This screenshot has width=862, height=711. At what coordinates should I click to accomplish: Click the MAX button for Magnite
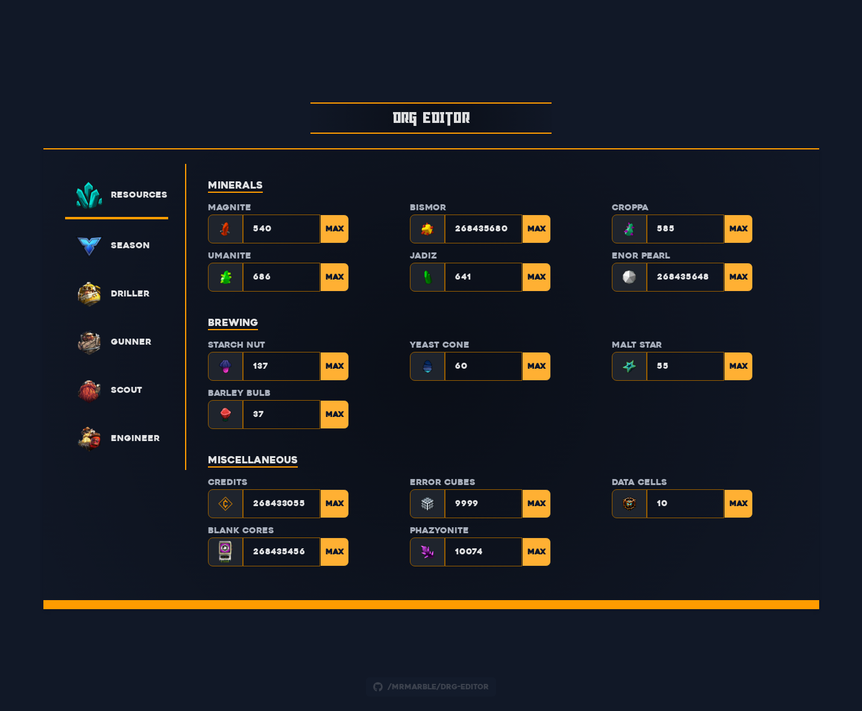click(x=335, y=229)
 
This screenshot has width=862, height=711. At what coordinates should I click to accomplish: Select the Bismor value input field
click(x=482, y=229)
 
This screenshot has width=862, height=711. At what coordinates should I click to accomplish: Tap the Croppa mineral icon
click(x=629, y=229)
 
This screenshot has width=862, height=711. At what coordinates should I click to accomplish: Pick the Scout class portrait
click(x=89, y=390)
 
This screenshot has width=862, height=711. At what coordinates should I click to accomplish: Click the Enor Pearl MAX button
click(x=738, y=277)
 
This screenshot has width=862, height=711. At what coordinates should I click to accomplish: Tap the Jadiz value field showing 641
click(x=482, y=277)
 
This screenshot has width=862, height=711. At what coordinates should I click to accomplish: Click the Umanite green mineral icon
click(x=225, y=277)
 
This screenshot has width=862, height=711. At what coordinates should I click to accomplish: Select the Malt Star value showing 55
click(x=684, y=366)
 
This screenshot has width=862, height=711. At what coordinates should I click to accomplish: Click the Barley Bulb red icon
click(x=225, y=415)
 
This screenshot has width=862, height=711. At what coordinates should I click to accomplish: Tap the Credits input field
click(x=280, y=504)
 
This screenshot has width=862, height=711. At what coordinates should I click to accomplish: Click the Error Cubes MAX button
click(x=536, y=504)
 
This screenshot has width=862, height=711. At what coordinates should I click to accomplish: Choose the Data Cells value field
click(x=684, y=504)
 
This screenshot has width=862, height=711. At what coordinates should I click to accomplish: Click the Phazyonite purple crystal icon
click(x=427, y=552)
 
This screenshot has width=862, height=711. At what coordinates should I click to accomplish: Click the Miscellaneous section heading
click(x=253, y=460)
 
